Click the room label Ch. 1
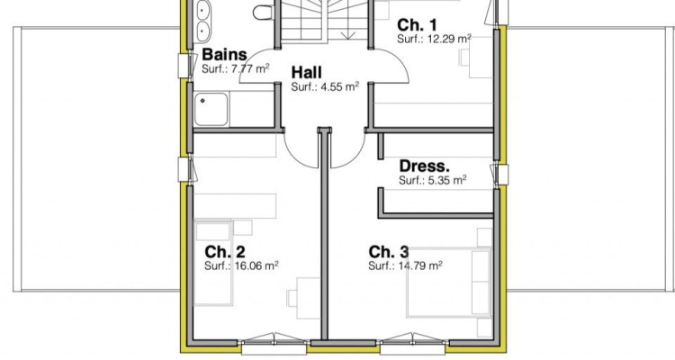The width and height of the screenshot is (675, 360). [416, 25]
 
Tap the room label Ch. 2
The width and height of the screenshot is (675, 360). [224, 251]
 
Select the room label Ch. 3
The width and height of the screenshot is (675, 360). [388, 251]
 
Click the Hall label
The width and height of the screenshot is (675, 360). [307, 72]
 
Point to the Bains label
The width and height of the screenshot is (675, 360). [224, 55]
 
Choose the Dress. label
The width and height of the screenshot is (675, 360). [424, 166]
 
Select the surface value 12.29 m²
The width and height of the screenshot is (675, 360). [449, 39]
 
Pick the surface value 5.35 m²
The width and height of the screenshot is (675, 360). [447, 180]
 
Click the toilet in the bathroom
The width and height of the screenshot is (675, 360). [263, 12]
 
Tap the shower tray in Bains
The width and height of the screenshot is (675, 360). [211, 109]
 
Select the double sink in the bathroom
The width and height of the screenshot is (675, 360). [203, 21]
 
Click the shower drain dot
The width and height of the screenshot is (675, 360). [202, 101]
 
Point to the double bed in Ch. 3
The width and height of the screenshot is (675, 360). [448, 283]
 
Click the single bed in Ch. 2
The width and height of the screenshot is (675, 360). [213, 263]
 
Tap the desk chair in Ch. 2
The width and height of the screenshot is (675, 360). [292, 298]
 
